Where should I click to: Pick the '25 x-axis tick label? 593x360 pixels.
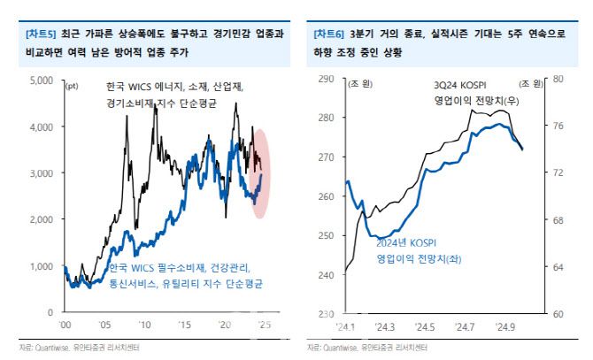pyautogui.click(x=263, y=326)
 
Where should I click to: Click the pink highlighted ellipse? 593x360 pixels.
pyautogui.click(x=261, y=172)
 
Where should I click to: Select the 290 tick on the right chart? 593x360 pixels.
pyautogui.click(x=324, y=80)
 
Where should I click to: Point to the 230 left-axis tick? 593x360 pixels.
pyautogui.click(x=324, y=314)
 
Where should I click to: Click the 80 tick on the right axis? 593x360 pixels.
pyautogui.click(x=558, y=80)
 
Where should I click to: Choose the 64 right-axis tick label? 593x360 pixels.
pyautogui.click(x=558, y=267)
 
